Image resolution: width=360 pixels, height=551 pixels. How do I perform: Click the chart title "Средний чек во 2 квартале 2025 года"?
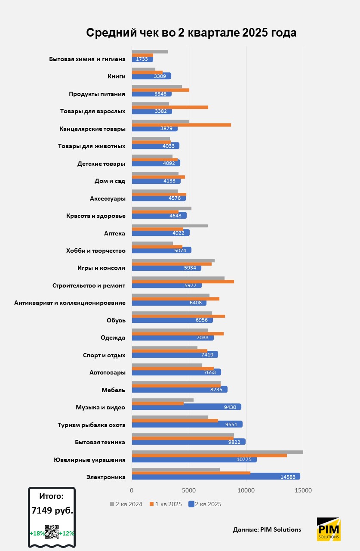click(191, 33)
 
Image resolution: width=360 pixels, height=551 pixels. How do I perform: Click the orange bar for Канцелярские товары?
click(181, 125)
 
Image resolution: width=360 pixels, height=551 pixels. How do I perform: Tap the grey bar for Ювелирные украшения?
click(217, 452)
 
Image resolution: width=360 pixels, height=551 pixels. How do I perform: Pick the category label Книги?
click(116, 76)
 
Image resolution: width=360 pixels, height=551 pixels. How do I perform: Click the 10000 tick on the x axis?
click(246, 490)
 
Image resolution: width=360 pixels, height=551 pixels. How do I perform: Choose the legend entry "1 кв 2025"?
click(166, 504)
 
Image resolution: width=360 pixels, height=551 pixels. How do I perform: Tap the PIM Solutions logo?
click(329, 529)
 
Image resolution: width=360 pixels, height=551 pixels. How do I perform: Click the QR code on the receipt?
click(52, 532)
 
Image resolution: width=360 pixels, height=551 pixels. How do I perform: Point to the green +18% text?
click(37, 533)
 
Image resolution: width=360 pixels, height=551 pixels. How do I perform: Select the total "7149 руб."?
click(52, 511)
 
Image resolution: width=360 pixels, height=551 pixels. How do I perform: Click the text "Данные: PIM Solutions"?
click(267, 529)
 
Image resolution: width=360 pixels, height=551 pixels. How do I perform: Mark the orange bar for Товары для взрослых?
click(170, 107)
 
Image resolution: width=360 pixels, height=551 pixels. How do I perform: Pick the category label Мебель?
click(114, 390)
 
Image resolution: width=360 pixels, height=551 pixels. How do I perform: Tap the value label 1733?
click(142, 59)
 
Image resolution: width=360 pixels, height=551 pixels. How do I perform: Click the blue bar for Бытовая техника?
click(188, 442)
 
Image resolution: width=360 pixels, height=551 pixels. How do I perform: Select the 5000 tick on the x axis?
click(189, 490)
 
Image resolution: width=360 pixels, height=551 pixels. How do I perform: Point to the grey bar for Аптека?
click(169, 226)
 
